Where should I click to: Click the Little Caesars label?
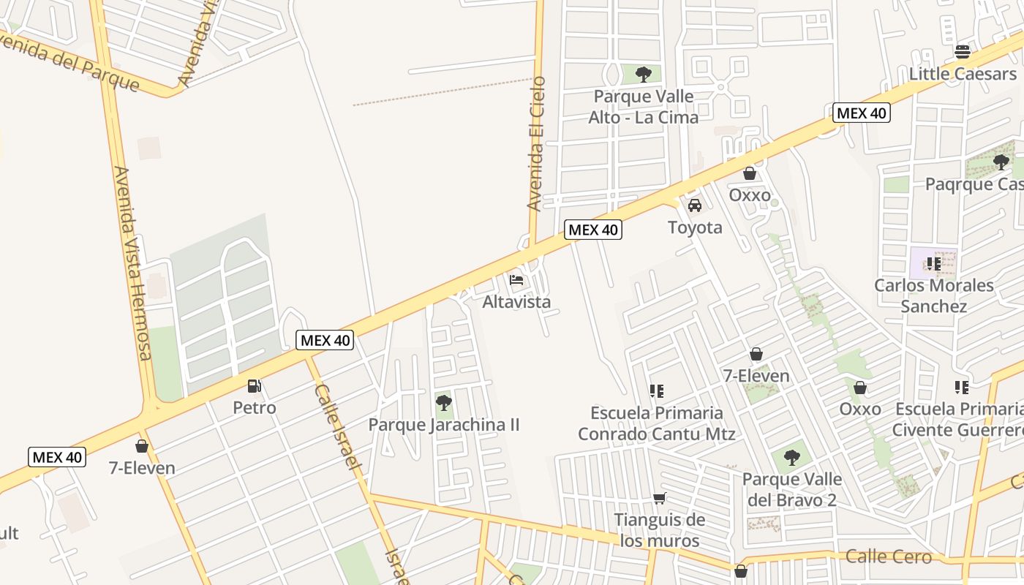pyautogui.click(x=963, y=74)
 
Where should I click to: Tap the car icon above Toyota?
pyautogui.click(x=695, y=205)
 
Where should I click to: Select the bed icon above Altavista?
pyautogui.click(x=516, y=280)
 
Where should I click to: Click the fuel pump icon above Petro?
pyautogui.click(x=255, y=385)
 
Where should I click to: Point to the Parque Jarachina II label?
pyautogui.click(x=443, y=425)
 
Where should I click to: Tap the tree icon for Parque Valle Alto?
pyautogui.click(x=644, y=74)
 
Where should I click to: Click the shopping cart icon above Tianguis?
pyautogui.click(x=660, y=499)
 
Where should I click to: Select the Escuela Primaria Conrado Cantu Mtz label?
pyautogui.click(x=657, y=423)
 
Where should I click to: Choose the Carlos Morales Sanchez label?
pyautogui.click(x=933, y=295)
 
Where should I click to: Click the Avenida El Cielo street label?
pyautogui.click(x=536, y=143)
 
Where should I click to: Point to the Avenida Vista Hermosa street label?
pyautogui.click(x=132, y=263)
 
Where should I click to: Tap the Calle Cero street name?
pyautogui.click(x=888, y=556)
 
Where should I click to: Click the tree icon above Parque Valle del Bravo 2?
pyautogui.click(x=791, y=458)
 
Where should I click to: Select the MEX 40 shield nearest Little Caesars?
pyautogui.click(x=862, y=113)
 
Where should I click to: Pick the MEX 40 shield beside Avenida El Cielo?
pyautogui.click(x=593, y=230)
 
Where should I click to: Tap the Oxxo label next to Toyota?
pyautogui.click(x=750, y=195)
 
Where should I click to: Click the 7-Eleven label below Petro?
pyautogui.click(x=142, y=468)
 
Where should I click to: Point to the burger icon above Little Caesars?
pyautogui.click(x=963, y=52)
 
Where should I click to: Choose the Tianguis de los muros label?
pyautogui.click(x=660, y=530)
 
